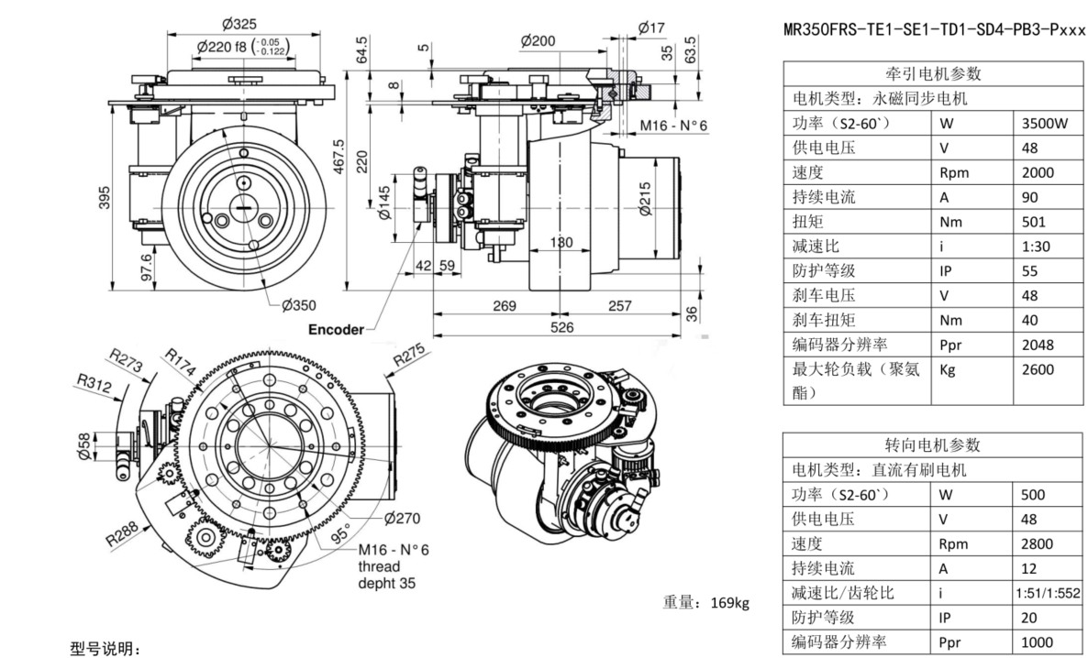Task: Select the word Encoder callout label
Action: click(336, 329)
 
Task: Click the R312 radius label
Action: click(93, 386)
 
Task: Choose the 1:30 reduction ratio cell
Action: click(1035, 247)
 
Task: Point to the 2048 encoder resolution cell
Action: click(1037, 345)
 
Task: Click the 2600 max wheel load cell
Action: click(1037, 369)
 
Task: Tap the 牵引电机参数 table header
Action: click(932, 74)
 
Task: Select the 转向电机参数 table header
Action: click(932, 445)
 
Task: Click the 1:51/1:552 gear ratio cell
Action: click(1048, 593)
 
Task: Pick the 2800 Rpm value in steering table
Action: click(1037, 543)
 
